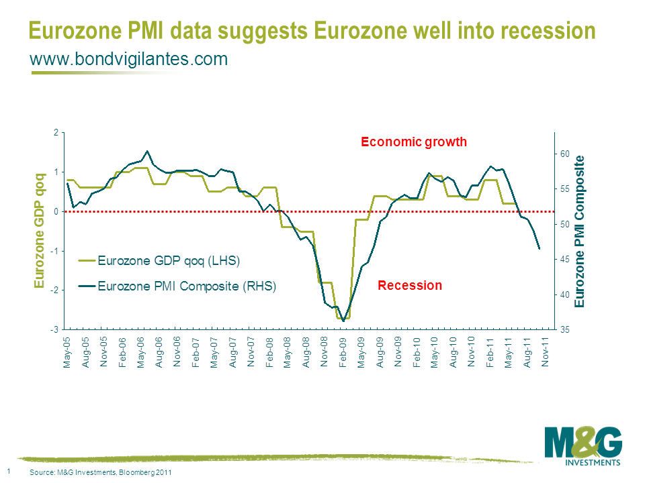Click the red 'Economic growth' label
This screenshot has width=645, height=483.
point(413,142)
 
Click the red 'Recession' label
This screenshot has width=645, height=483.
point(410,286)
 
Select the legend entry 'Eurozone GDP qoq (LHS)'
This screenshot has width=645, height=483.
point(169,260)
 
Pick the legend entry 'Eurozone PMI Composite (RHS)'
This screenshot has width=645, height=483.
point(187,286)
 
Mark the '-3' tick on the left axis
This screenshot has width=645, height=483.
point(56,330)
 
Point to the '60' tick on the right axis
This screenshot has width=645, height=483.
point(565,154)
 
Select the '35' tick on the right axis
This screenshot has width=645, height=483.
point(565,330)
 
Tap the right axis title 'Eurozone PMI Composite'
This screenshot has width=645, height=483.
point(580,231)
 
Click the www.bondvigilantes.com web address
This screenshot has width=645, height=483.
point(129,60)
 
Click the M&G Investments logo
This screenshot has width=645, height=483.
point(583,445)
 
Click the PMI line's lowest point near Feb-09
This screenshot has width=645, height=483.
point(343,321)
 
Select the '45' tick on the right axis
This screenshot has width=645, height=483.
point(565,260)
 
